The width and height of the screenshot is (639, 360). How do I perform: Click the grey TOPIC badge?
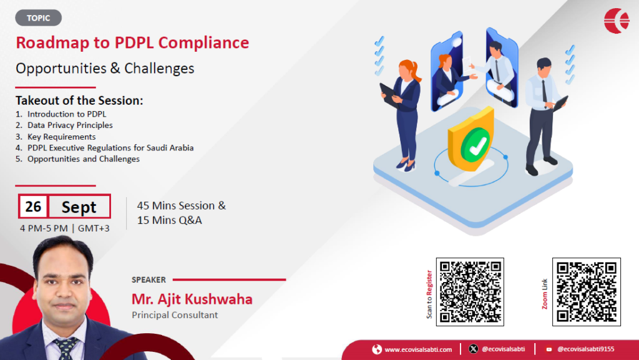(38, 18)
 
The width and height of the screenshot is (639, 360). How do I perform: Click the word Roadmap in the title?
(52, 43)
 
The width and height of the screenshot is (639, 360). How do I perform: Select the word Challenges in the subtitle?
(159, 69)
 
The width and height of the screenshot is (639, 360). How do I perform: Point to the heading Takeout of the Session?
(79, 100)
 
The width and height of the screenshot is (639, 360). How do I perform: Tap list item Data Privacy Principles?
(70, 125)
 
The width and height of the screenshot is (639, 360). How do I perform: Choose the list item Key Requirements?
(61, 137)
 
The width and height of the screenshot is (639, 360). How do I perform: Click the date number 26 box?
(33, 207)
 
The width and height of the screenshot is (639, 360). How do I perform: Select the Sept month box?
(79, 207)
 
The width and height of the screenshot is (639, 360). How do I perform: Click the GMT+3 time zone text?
(94, 228)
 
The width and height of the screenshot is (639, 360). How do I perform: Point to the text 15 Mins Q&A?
(169, 220)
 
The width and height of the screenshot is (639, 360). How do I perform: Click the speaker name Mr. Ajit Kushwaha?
(192, 299)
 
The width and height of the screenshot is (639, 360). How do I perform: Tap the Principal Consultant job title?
(175, 315)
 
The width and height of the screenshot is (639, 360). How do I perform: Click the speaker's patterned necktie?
(65, 348)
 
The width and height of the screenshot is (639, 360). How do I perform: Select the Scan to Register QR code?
(470, 291)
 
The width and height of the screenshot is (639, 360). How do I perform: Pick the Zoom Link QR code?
(587, 291)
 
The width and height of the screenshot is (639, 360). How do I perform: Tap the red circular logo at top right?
(617, 21)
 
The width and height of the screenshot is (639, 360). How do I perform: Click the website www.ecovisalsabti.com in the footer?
(418, 349)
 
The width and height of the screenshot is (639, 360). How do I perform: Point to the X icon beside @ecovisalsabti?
(473, 349)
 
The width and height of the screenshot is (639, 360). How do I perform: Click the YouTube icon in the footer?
(549, 349)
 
